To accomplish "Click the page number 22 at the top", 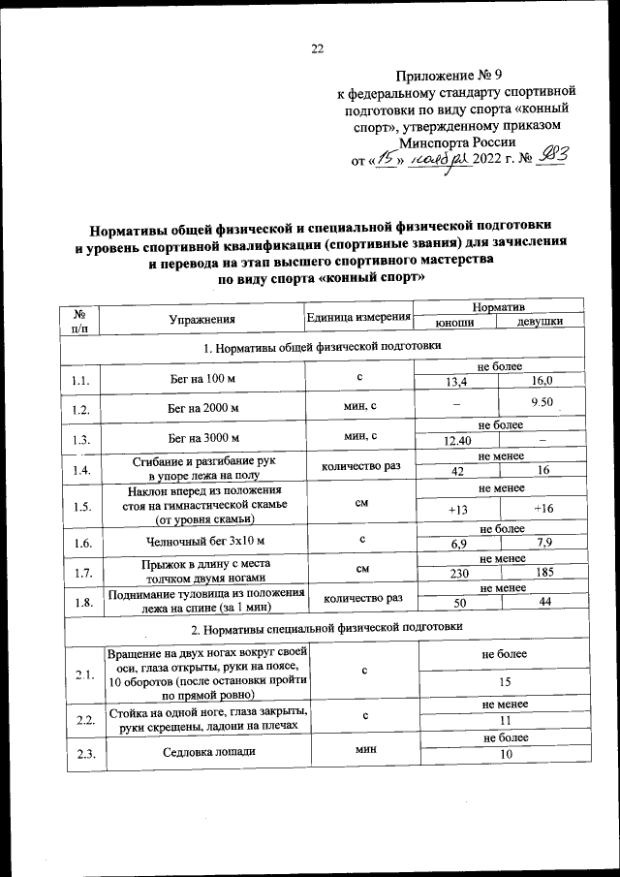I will [x=317, y=49].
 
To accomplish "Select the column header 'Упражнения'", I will [x=201, y=319].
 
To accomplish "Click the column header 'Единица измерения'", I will [x=359, y=319].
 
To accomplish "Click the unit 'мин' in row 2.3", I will [x=365, y=749].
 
